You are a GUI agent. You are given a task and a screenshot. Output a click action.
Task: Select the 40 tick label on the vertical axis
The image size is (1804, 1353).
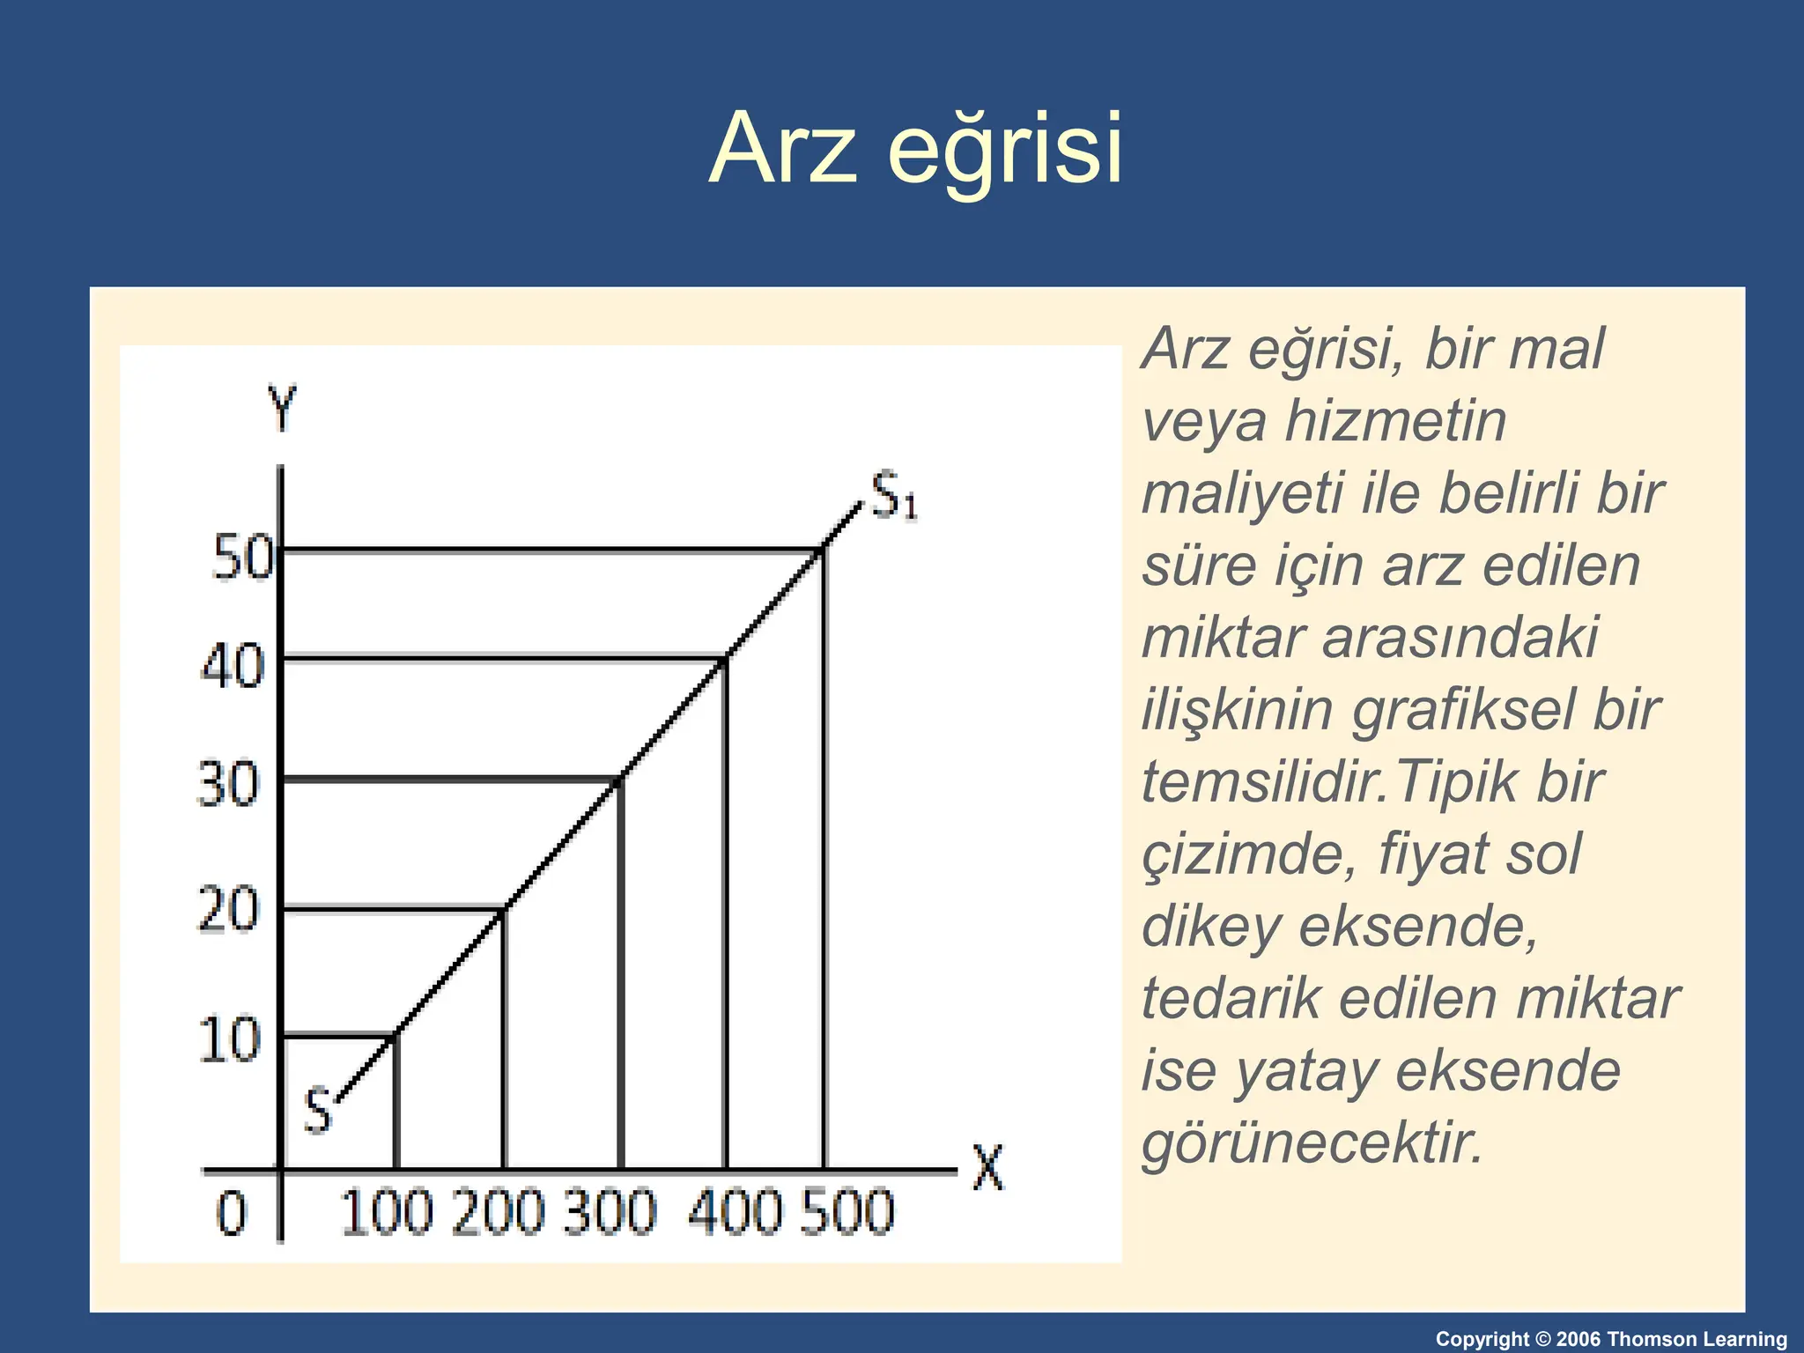(233, 666)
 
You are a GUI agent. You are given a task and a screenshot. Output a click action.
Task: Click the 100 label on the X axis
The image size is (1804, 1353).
(387, 1212)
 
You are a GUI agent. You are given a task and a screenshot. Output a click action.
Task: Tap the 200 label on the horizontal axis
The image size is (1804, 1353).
(499, 1212)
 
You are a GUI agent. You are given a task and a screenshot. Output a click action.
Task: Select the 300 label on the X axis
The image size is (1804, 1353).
(610, 1212)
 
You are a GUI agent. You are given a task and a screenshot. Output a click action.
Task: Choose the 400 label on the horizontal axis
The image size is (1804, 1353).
(734, 1212)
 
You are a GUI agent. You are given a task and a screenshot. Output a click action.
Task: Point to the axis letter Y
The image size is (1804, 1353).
(283, 409)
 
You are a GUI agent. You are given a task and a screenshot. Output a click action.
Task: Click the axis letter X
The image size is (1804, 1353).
(988, 1168)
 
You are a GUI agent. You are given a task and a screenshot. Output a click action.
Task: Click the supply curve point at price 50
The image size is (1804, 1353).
(824, 551)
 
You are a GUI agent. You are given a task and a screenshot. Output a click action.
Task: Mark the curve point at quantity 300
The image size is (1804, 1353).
(621, 779)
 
